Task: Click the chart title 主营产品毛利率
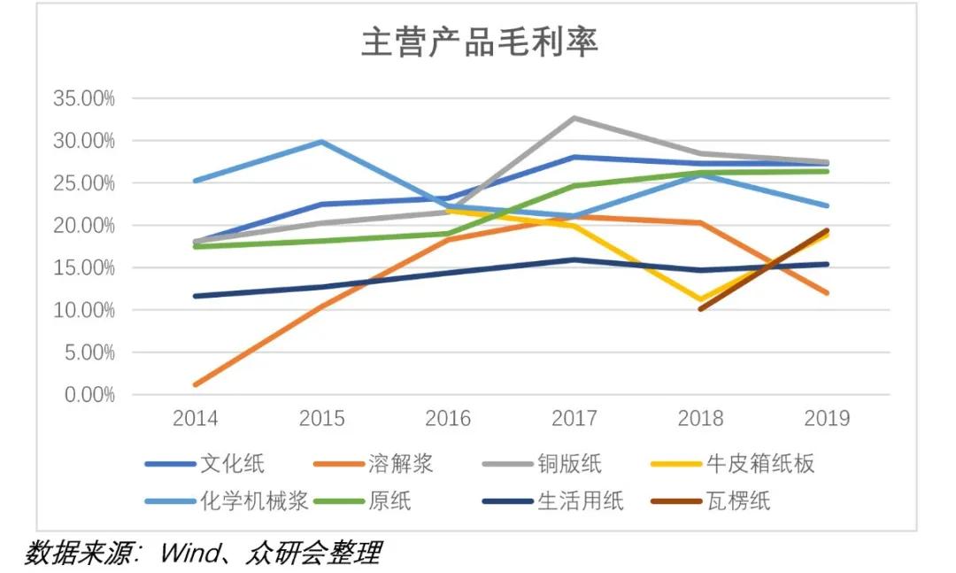coord(479,43)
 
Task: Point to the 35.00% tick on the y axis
coord(84,98)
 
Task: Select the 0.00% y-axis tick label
coord(89,395)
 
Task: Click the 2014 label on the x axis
coord(195,418)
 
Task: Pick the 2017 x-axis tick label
coord(574,418)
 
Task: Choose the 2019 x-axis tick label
coord(826,418)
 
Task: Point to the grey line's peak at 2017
coord(574,118)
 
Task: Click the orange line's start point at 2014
coord(195,384)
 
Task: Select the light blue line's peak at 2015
coord(321,142)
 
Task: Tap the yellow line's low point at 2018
coord(700,300)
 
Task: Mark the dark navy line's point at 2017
coord(574,259)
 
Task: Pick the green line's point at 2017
coord(574,186)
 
